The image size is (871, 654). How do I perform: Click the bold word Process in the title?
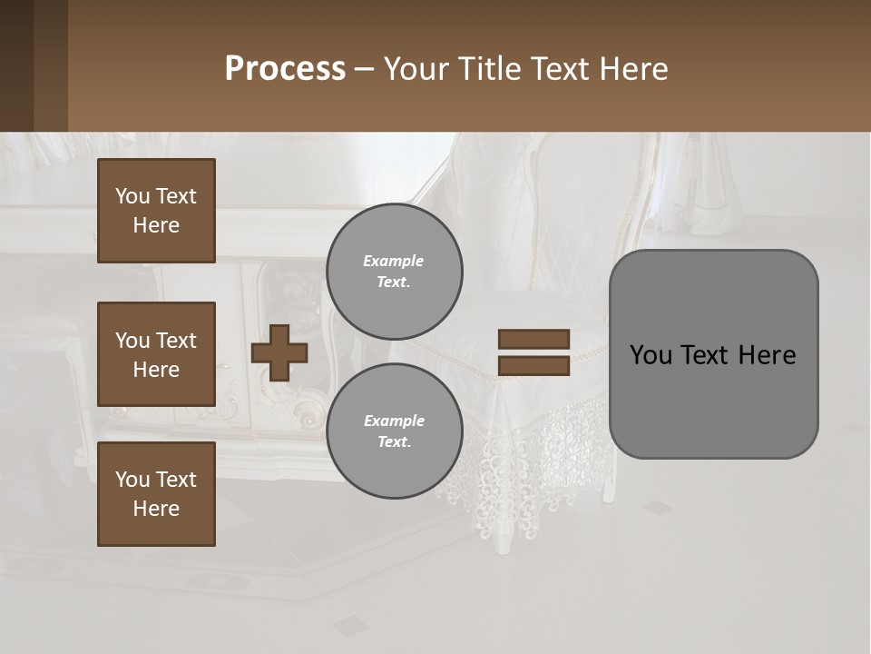(285, 69)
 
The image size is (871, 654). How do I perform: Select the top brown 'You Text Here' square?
(156, 211)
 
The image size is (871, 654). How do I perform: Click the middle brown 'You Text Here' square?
(156, 354)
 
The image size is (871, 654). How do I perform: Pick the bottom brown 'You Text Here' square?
(156, 494)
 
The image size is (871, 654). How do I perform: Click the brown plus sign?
(279, 352)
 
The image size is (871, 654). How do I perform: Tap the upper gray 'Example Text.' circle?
(394, 272)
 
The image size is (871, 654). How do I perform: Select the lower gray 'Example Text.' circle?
(394, 431)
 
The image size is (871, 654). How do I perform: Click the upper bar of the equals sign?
(534, 340)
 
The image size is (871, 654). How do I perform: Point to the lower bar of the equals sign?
(534, 366)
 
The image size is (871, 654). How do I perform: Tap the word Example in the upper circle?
(394, 261)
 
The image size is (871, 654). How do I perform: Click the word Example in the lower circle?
(394, 421)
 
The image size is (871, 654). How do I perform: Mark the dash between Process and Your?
(365, 69)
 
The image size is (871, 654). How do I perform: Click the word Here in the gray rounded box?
(767, 355)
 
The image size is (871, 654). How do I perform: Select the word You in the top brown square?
(132, 196)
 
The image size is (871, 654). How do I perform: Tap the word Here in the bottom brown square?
(156, 509)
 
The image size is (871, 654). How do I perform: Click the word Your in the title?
(413, 69)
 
